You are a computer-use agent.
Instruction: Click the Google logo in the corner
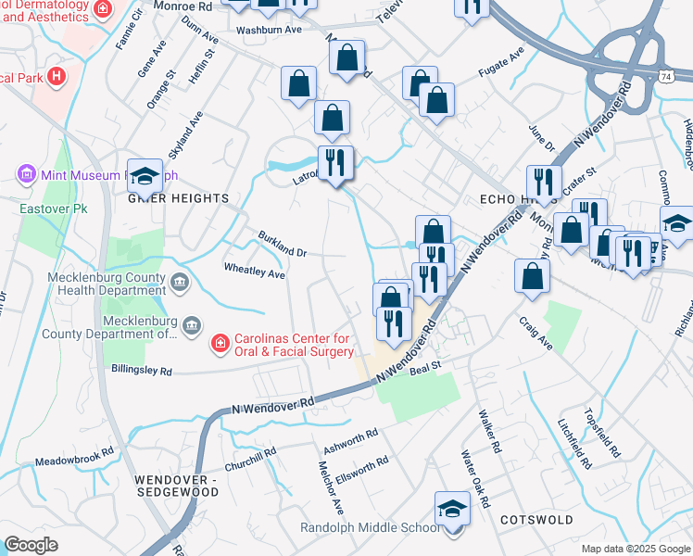(x=31, y=545)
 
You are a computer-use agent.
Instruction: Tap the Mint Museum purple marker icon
(x=25, y=174)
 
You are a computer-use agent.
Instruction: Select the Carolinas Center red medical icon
(x=220, y=345)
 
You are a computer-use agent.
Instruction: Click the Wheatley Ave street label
(x=255, y=269)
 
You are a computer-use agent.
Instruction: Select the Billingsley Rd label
(x=141, y=371)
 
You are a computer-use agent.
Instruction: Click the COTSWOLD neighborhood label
(x=536, y=521)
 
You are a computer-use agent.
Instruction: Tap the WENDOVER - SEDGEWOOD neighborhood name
(x=176, y=486)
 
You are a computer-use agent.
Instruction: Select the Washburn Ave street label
(x=270, y=30)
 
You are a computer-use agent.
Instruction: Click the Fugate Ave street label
(x=501, y=63)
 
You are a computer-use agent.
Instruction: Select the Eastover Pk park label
(x=46, y=208)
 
